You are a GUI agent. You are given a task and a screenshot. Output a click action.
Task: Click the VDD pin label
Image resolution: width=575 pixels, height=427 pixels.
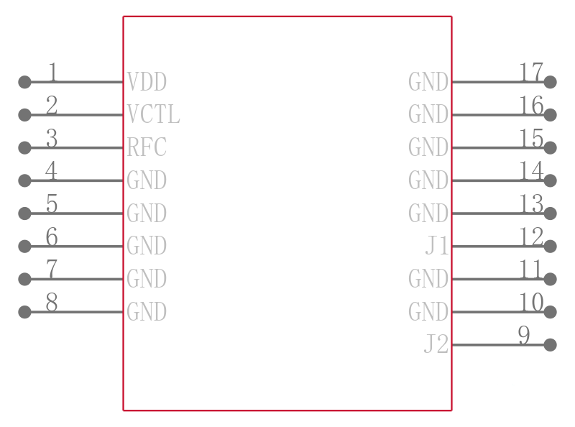tap(147, 82)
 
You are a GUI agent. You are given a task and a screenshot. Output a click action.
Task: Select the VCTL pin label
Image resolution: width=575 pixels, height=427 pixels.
tap(153, 114)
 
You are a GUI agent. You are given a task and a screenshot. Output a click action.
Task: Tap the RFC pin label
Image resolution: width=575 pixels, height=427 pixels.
tap(147, 147)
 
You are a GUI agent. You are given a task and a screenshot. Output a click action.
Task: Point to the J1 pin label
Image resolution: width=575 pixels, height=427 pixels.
tap(437, 246)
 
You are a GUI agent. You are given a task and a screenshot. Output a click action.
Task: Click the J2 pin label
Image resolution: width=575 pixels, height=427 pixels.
tap(436, 344)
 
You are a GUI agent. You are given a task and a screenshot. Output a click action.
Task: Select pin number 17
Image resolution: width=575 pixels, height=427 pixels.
tap(531, 72)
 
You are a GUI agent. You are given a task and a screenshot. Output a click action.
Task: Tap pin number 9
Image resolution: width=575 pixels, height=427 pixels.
tap(524, 335)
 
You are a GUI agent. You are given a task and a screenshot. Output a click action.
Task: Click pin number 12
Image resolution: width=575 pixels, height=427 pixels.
tap(531, 237)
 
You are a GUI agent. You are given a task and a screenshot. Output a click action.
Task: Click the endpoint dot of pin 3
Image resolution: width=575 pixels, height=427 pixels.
tap(24, 147)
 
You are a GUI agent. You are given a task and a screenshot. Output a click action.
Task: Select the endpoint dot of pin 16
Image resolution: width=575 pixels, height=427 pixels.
tap(550, 115)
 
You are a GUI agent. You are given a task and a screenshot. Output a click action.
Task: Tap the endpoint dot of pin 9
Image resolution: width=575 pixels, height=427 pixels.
tap(550, 345)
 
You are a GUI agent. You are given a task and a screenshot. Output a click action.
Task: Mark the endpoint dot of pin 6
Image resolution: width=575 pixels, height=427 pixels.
tap(24, 246)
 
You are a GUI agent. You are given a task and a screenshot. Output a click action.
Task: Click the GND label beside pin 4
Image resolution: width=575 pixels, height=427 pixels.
tap(147, 180)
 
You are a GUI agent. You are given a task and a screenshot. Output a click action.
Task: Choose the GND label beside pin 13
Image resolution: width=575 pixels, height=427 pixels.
tap(428, 213)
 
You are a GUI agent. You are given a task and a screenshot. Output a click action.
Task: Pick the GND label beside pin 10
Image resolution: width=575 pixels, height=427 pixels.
tap(428, 312)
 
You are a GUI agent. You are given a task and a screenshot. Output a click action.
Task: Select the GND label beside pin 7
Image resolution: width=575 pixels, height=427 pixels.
tap(147, 279)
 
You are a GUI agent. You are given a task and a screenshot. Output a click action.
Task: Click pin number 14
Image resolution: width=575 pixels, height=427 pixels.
tap(531, 170)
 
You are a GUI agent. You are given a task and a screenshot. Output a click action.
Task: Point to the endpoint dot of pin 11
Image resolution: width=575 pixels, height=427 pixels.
tap(550, 279)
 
